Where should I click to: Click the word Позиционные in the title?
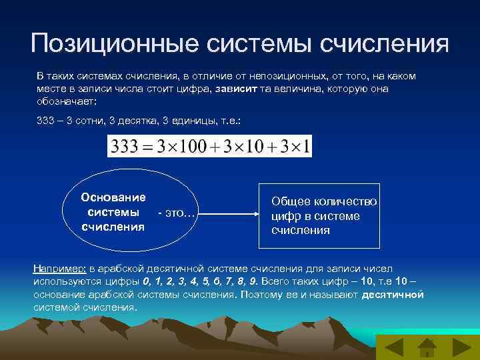click(114, 44)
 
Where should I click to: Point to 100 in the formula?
click(192, 147)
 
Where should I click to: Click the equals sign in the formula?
click(149, 147)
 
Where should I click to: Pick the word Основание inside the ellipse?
click(113, 197)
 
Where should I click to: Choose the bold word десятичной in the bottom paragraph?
click(392, 294)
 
